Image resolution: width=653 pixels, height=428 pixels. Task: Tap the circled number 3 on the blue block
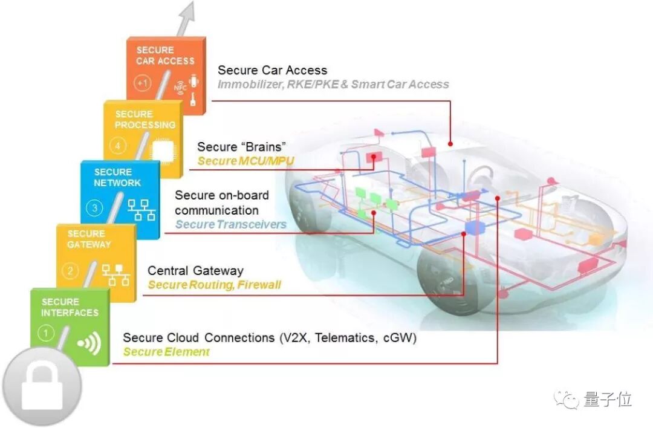click(95, 209)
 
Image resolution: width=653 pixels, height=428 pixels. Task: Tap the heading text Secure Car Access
click(272, 70)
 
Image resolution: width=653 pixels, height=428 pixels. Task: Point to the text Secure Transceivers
click(230, 225)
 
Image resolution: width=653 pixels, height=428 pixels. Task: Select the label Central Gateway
click(195, 270)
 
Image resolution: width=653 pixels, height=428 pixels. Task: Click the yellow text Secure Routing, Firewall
click(214, 285)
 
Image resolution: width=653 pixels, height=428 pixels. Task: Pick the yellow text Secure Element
click(166, 352)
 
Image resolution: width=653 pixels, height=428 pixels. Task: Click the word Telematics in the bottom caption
click(346, 337)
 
